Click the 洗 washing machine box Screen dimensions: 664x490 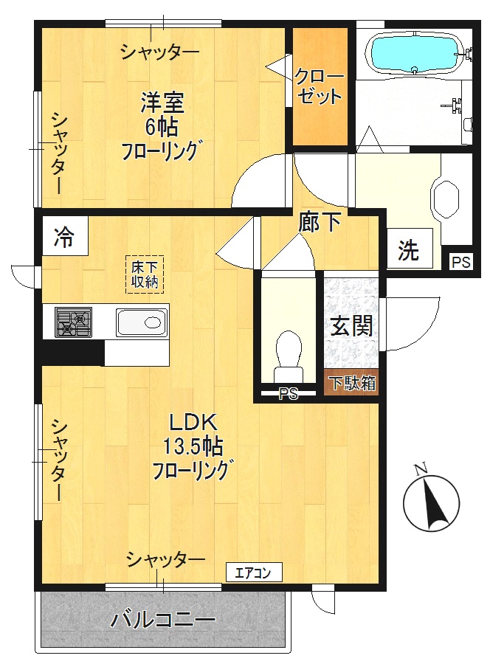408,251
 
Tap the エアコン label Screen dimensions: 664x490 253,572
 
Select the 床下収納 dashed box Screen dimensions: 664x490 145,274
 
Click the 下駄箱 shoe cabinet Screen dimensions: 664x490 351,383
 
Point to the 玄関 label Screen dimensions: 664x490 351,325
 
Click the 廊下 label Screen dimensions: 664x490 320,221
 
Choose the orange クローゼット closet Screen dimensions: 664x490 320,87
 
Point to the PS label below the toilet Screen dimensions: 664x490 288,395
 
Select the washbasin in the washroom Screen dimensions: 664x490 447,198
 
